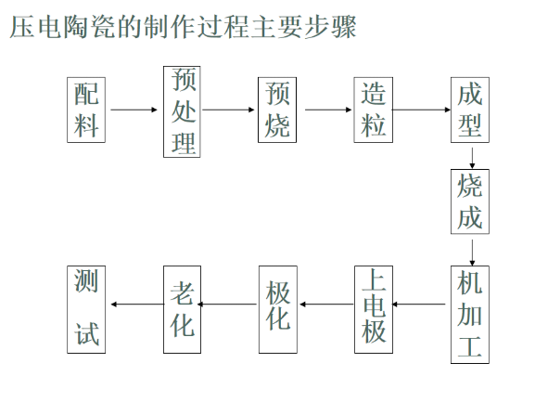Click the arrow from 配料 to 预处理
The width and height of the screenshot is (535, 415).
coord(134,110)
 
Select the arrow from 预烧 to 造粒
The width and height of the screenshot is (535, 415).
coord(328,110)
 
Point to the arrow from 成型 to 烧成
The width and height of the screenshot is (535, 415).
coord(472,158)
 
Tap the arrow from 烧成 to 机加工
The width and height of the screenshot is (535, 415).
coord(472,253)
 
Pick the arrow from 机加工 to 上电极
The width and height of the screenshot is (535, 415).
coord(419,304)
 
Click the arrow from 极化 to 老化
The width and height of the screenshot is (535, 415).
coord(227,304)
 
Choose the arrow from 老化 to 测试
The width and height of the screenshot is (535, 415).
coord(137,304)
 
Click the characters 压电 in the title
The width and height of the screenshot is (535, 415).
coord(36,27)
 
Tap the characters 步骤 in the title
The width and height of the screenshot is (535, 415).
coord(330,27)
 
